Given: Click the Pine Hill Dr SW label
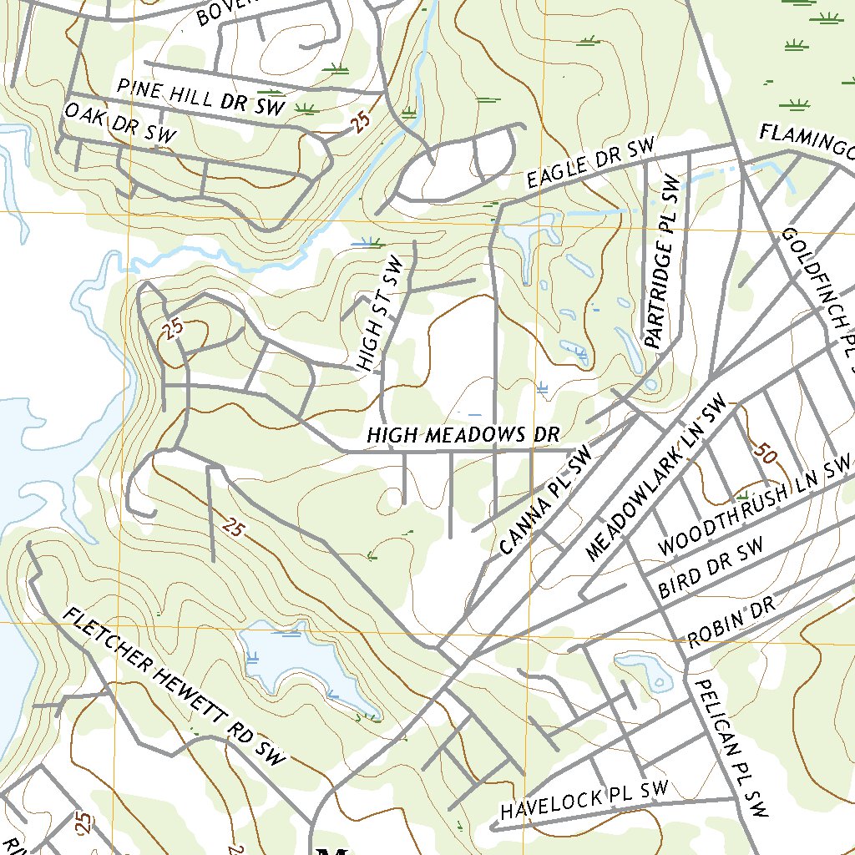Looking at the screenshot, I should pyautogui.click(x=201, y=97).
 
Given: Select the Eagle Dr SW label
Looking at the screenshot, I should pyautogui.click(x=591, y=164).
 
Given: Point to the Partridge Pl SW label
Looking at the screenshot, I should pyautogui.click(x=665, y=261).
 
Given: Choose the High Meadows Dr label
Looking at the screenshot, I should pyautogui.click(x=462, y=435).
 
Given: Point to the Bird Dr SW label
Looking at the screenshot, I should pyautogui.click(x=711, y=568).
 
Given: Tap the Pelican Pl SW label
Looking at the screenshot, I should pyautogui.click(x=730, y=746).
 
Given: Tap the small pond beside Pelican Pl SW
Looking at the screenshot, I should pyautogui.click(x=647, y=671).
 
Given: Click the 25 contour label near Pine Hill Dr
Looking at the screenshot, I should pyautogui.click(x=360, y=123).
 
